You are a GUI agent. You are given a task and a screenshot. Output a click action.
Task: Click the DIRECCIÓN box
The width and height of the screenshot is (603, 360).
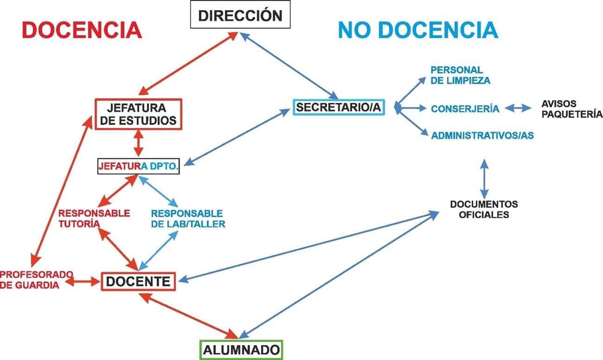(x=240, y=15)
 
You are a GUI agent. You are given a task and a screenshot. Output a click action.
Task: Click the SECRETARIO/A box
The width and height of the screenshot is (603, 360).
(x=339, y=107)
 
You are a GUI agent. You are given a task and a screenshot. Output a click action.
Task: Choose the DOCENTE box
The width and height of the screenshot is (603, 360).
(x=138, y=281)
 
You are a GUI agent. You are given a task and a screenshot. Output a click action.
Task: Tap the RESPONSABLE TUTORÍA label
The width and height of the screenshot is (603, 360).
(x=94, y=219)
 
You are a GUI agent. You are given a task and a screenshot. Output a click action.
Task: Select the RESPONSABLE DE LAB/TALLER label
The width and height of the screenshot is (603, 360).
(x=188, y=219)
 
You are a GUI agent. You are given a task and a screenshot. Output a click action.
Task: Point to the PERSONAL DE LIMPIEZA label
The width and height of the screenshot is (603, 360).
(x=460, y=75)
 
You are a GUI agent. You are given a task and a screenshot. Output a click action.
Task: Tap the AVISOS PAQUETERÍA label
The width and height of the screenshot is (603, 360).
(x=571, y=109)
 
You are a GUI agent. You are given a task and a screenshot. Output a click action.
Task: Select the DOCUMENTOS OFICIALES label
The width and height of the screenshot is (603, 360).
(x=484, y=209)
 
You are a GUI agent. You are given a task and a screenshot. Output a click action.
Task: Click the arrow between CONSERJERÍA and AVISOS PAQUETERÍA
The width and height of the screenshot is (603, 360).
(x=519, y=109)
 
